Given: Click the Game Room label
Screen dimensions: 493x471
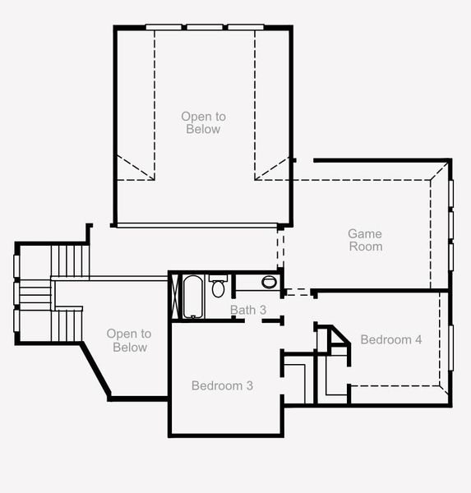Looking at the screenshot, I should tap(365, 240).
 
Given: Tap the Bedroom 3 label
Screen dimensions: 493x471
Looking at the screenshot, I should tap(222, 385).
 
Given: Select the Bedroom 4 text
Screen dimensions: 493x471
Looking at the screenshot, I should tap(391, 339).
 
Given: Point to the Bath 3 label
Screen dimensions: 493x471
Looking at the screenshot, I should tap(248, 310).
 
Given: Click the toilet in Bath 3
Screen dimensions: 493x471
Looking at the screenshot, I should tap(218, 287).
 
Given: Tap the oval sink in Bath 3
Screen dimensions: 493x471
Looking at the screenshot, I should tap(270, 283).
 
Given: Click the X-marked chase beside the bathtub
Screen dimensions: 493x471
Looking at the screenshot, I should tap(174, 296).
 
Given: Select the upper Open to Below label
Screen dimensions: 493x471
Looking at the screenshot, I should tap(201, 123).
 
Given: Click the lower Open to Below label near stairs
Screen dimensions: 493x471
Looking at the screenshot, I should tap(129, 340).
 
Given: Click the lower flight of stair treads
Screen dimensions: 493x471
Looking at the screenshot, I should tap(68, 324).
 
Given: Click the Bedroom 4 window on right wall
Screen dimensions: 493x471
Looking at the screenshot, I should tap(450, 349).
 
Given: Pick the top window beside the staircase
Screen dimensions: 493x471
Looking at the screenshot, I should tap(16, 268).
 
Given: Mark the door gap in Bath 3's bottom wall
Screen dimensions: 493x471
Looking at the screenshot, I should tap(253, 320).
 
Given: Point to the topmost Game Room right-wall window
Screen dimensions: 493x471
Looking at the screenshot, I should tap(450, 191).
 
